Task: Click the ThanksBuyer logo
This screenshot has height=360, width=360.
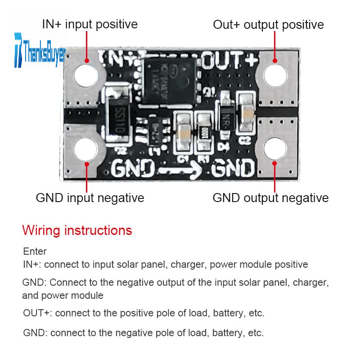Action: coord(40,50)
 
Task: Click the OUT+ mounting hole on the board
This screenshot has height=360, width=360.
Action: coord(275,75)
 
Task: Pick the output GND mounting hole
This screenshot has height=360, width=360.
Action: coord(275,149)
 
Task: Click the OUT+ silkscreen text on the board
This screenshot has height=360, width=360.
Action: coord(230,59)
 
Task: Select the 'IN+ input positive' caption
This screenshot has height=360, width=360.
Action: coord(90,24)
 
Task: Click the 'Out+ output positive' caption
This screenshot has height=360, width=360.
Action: coord(268,24)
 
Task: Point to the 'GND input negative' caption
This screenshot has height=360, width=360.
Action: coord(90,198)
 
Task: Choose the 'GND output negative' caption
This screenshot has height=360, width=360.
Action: coord(270,198)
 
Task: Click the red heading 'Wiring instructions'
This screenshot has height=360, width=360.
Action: coord(77,230)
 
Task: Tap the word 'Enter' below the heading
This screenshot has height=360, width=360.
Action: coord(35,251)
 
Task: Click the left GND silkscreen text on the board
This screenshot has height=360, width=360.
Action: coord(133,170)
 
